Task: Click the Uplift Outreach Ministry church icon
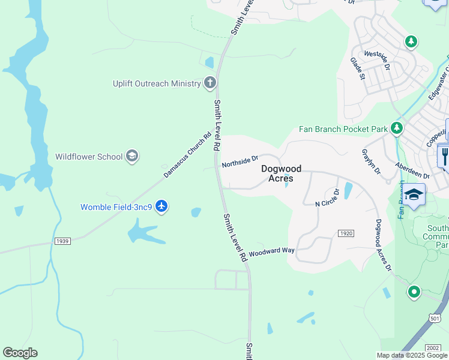pyautogui.click(x=209, y=83)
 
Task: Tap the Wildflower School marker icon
pyautogui.click(x=132, y=157)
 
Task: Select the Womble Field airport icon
pyautogui.click(x=161, y=207)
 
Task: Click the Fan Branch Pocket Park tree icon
pyautogui.click(x=396, y=128)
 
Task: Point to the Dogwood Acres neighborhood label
pyautogui.click(x=281, y=173)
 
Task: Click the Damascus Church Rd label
pyautogui.click(x=188, y=155)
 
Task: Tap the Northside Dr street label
pyautogui.click(x=240, y=161)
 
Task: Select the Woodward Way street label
pyautogui.click(x=271, y=252)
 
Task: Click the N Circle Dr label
pyautogui.click(x=328, y=199)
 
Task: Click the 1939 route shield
pyautogui.click(x=62, y=241)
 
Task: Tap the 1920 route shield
pyautogui.click(x=345, y=233)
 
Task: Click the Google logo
pyautogui.click(x=20, y=353)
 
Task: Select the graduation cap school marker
pyautogui.click(x=414, y=196)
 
